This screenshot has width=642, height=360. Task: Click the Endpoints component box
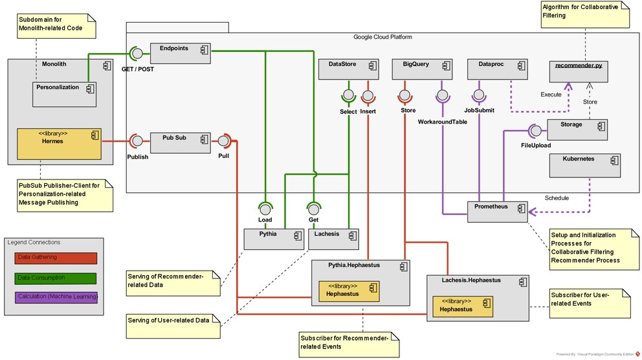(180, 53)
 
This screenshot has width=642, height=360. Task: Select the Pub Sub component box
(180, 142)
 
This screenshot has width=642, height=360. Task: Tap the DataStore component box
(348, 69)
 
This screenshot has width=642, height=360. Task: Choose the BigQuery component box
(422, 69)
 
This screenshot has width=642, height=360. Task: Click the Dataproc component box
(498, 69)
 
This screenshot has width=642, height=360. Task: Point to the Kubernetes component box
(584, 166)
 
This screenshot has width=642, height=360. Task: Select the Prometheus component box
(498, 212)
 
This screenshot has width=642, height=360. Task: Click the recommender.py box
(579, 72)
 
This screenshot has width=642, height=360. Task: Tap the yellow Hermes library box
(59, 144)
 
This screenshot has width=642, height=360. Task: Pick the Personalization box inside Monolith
(64, 95)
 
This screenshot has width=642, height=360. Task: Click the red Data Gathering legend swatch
(56, 258)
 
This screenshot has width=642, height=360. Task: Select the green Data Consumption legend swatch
(56, 278)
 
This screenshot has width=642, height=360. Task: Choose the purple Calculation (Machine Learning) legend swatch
(56, 298)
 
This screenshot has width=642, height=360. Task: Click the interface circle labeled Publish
(138, 141)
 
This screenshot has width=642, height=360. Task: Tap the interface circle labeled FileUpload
(536, 131)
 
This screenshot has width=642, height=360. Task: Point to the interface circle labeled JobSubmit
(479, 95)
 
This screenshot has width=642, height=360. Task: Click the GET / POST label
(138, 69)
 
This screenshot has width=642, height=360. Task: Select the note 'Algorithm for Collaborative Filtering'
(585, 15)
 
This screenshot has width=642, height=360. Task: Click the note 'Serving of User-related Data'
(173, 326)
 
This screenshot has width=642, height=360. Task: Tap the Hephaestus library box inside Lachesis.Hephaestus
(463, 306)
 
